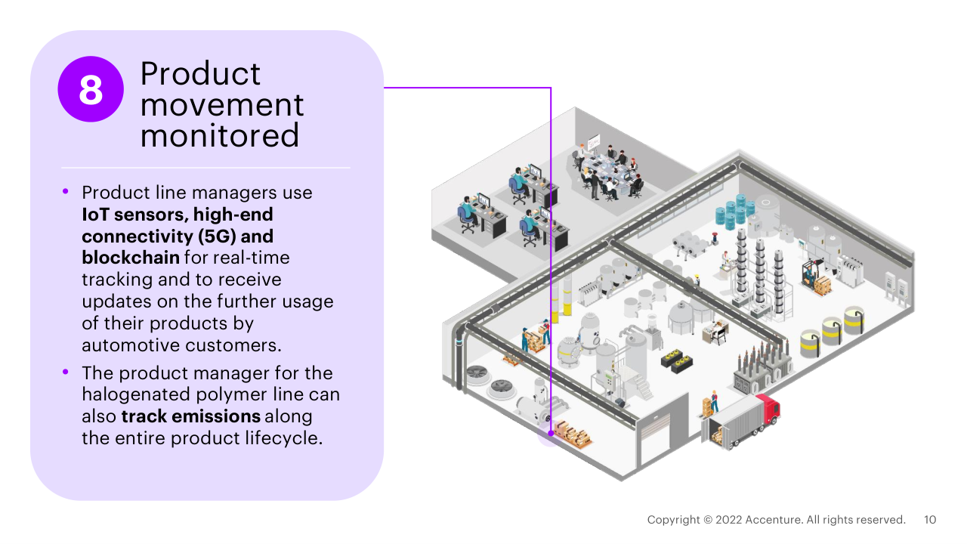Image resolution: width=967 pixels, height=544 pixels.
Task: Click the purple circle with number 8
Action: tap(91, 89)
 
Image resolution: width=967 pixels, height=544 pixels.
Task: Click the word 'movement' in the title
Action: tap(222, 105)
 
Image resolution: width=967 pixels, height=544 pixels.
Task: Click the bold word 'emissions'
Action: tap(220, 416)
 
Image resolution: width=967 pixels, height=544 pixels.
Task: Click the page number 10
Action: tap(930, 520)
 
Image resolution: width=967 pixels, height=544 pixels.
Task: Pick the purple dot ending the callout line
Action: tap(551, 434)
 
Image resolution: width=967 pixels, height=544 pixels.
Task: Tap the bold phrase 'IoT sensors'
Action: tap(127, 215)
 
